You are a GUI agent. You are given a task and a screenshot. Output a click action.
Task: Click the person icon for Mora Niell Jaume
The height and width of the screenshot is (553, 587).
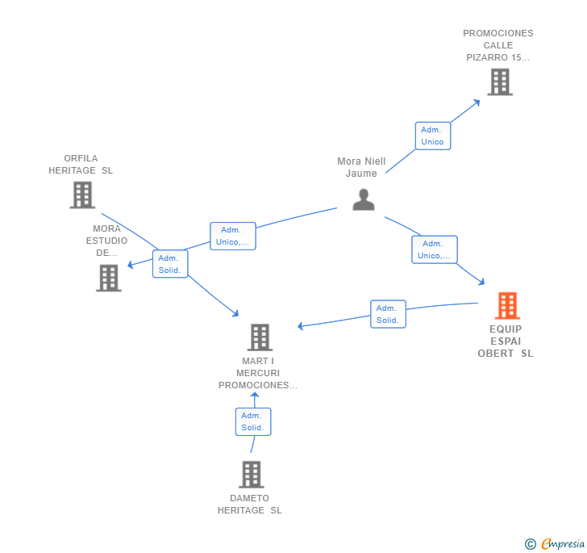click(364, 199)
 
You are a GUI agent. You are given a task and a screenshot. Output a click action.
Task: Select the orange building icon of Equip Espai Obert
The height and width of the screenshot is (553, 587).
click(508, 305)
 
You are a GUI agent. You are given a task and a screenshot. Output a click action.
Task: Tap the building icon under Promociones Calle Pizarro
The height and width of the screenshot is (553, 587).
click(500, 82)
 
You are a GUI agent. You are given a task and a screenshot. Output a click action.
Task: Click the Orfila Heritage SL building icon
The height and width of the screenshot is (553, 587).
click(83, 195)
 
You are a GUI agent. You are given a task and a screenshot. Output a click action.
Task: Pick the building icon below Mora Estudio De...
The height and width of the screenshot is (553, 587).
click(109, 279)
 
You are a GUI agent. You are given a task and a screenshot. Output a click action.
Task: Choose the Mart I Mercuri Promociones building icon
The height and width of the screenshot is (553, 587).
click(260, 337)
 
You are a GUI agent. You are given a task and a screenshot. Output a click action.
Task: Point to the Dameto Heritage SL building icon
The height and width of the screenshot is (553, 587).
click(252, 475)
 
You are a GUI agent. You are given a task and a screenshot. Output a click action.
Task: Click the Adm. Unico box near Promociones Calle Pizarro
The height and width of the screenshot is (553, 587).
click(433, 136)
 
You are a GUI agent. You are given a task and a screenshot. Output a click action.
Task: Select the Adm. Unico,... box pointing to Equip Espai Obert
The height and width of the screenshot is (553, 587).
click(435, 249)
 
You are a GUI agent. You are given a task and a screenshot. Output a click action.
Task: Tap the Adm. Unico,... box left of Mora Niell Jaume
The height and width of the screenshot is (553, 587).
click(233, 236)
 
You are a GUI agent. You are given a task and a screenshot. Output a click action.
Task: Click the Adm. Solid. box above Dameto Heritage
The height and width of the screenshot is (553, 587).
click(253, 421)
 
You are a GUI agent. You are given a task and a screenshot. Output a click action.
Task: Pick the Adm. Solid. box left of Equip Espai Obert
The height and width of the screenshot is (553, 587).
click(388, 314)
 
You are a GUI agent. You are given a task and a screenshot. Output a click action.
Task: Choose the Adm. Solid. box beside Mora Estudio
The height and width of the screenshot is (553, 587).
click(170, 264)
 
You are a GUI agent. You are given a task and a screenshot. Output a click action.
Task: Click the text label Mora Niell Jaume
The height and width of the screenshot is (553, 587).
click(361, 167)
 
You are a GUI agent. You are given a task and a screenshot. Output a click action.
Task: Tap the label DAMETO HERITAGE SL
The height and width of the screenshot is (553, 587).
click(250, 505)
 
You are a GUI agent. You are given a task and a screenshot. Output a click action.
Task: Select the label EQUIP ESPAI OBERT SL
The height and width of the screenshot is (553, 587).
click(506, 341)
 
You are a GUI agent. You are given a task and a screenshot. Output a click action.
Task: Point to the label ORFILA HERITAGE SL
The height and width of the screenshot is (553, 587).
click(81, 164)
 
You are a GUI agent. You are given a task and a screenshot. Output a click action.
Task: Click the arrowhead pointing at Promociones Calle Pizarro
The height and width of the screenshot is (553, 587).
click(477, 103)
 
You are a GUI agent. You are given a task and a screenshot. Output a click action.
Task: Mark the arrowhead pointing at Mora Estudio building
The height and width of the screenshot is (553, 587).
click(131, 265)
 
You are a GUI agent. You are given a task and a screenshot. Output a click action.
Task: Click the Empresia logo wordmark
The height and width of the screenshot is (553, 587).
click(563, 543)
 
